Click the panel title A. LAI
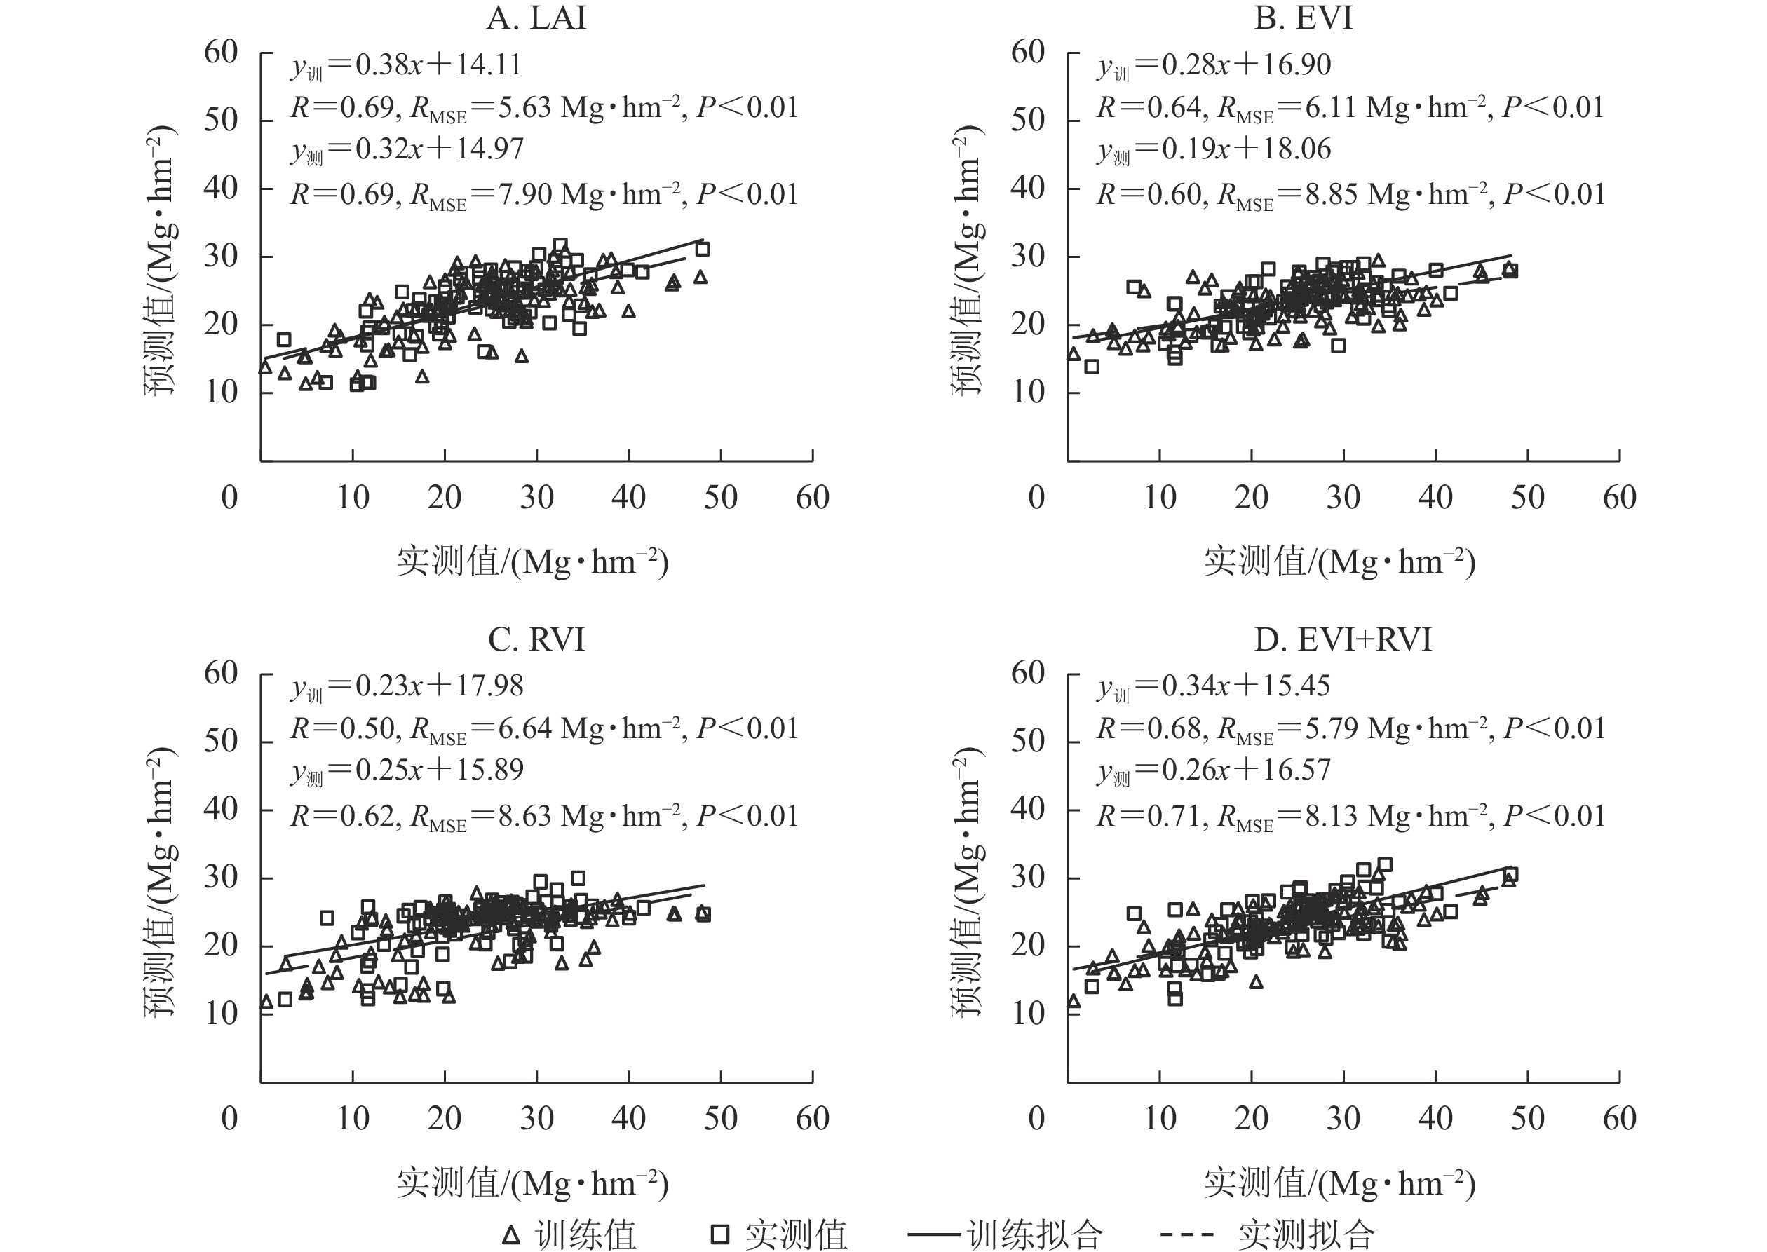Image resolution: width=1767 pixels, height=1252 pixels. click(536, 18)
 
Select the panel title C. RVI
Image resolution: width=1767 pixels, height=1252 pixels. click(536, 640)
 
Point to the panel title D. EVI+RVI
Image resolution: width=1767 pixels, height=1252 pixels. click(1343, 640)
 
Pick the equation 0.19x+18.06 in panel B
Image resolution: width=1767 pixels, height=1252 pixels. click(1246, 149)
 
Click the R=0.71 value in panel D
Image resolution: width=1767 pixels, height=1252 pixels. click(1152, 816)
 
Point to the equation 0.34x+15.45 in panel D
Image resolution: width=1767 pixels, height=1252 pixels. click(1246, 686)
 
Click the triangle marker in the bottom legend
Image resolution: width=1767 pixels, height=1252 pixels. click(510, 1235)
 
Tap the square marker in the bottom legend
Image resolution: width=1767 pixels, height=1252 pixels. click(719, 1235)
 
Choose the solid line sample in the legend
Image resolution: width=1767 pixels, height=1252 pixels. click(936, 1235)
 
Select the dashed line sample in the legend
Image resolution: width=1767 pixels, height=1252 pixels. click(1188, 1235)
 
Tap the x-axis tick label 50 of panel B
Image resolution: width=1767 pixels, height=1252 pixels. click(1527, 498)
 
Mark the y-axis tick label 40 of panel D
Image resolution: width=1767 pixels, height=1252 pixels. click(1028, 809)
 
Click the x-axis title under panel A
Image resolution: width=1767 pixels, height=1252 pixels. click(533, 562)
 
